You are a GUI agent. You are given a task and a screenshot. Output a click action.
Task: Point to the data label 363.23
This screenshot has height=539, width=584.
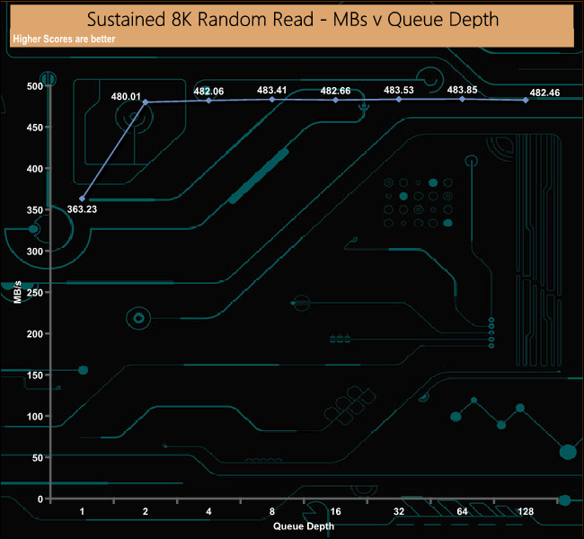[x=82, y=209]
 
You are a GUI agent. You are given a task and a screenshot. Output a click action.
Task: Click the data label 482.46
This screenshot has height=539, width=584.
[x=544, y=93]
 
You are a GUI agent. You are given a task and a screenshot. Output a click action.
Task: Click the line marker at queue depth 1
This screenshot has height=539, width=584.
[x=83, y=199]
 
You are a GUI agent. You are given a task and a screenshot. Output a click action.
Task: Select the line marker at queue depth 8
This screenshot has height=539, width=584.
[x=272, y=99]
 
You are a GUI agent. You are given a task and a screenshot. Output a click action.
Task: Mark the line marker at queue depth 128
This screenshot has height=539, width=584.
[x=526, y=100]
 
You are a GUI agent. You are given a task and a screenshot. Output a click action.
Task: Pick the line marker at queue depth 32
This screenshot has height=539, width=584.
[x=399, y=99]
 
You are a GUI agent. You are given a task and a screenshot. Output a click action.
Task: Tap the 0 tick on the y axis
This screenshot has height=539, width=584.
[x=40, y=499]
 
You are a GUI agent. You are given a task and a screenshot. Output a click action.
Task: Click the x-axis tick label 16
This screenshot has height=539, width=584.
[x=335, y=512]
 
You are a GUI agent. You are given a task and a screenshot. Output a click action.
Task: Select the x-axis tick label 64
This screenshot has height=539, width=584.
[x=462, y=512]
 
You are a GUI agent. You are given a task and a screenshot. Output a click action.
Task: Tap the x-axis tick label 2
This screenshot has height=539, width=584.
[x=146, y=512]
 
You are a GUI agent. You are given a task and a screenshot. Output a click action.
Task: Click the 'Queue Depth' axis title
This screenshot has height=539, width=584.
[x=304, y=526]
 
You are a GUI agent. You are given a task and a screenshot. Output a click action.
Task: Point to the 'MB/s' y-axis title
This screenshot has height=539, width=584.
[x=18, y=292]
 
